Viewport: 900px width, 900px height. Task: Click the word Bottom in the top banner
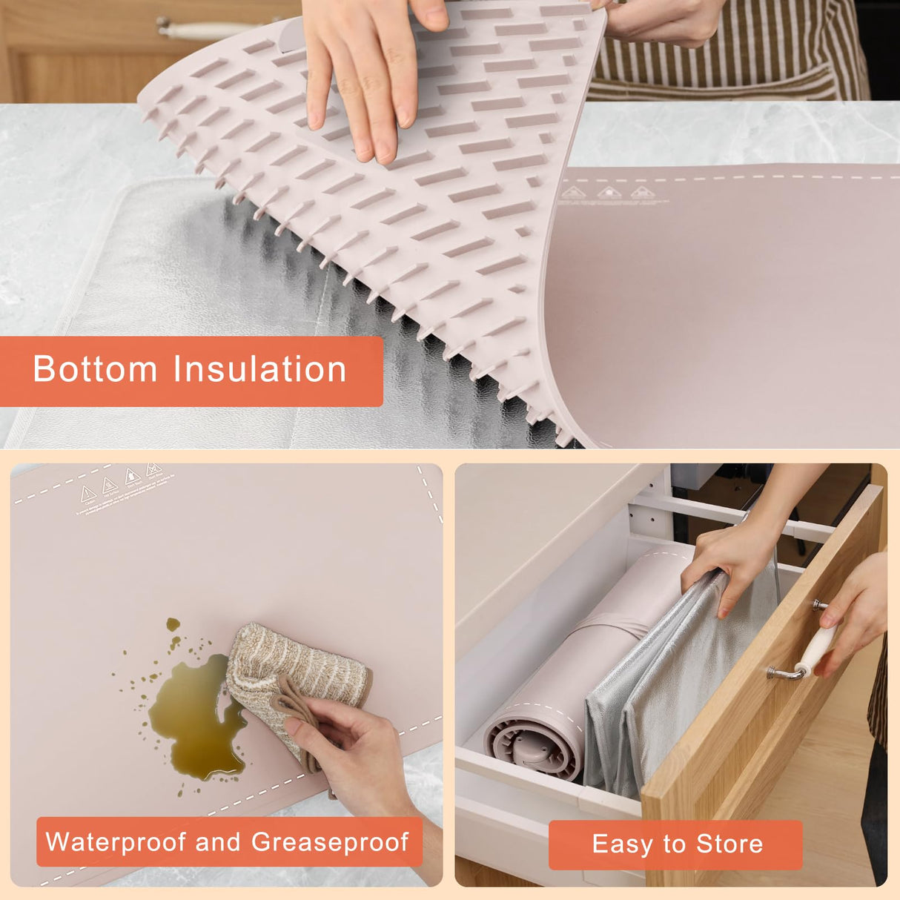pos(95,369)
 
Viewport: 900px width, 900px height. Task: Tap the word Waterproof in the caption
pos(116,842)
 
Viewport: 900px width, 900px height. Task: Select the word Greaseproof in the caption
pos(329,842)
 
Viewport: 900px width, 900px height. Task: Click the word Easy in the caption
pos(623,844)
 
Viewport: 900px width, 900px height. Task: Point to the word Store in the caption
pos(729,844)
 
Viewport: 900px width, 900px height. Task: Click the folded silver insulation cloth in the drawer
pos(652,689)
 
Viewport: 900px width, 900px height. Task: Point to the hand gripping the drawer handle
pos(856,608)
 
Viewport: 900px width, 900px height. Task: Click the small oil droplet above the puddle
pos(173,625)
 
